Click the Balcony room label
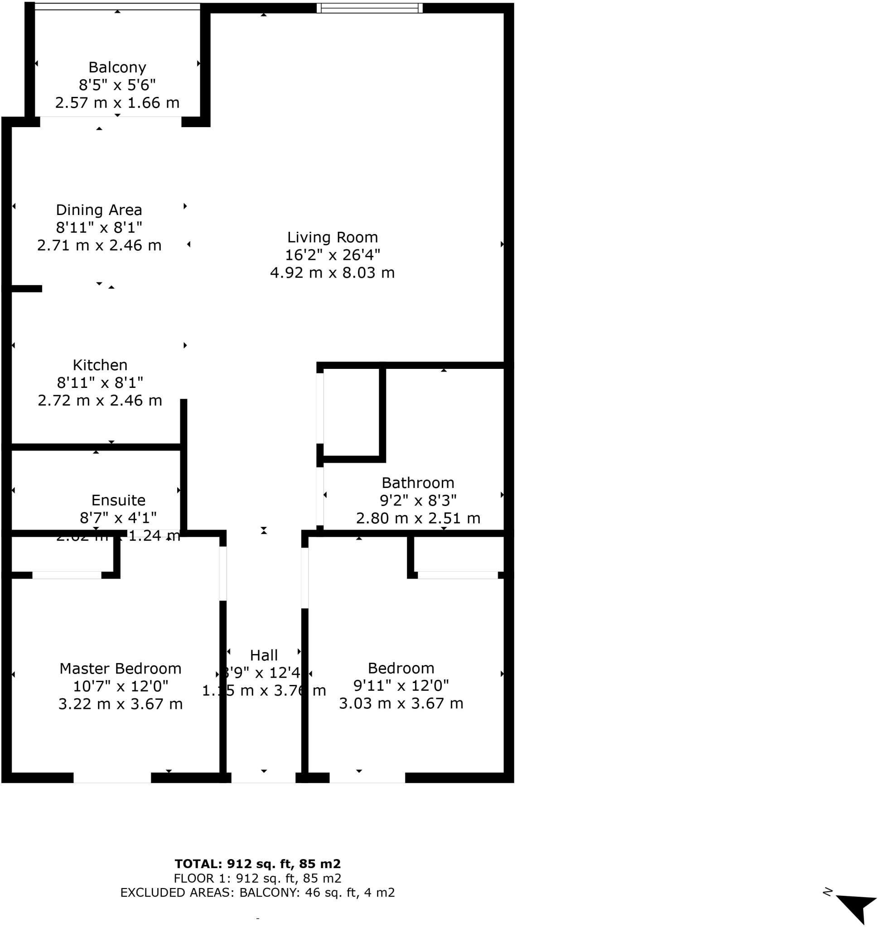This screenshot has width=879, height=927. pos(117,67)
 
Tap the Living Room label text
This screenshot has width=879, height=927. pos(332,237)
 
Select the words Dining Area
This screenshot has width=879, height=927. pos(99,210)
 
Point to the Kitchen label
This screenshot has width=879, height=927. pos(100,365)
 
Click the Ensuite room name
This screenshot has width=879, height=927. pos(118,500)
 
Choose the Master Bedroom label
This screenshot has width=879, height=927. pos(121,668)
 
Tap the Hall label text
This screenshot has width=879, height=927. pos(264,655)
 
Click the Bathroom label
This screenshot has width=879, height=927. pos(417,483)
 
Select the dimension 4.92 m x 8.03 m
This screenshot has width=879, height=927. pos(332,272)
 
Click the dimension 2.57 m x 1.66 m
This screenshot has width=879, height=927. pos(117,103)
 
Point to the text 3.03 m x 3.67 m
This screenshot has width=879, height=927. pos(401,703)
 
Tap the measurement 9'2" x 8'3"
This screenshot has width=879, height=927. pos(417,501)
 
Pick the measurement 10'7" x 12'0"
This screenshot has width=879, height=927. pos(121,686)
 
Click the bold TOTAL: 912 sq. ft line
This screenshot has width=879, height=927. pos(258,864)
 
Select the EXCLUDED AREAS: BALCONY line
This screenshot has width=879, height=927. pos(258,892)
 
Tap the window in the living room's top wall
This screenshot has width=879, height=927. pos(370,8)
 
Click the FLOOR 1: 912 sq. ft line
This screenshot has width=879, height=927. pos(258,878)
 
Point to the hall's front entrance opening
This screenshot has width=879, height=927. pos(263,778)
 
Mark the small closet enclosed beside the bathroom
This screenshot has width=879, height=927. pos(351,412)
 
